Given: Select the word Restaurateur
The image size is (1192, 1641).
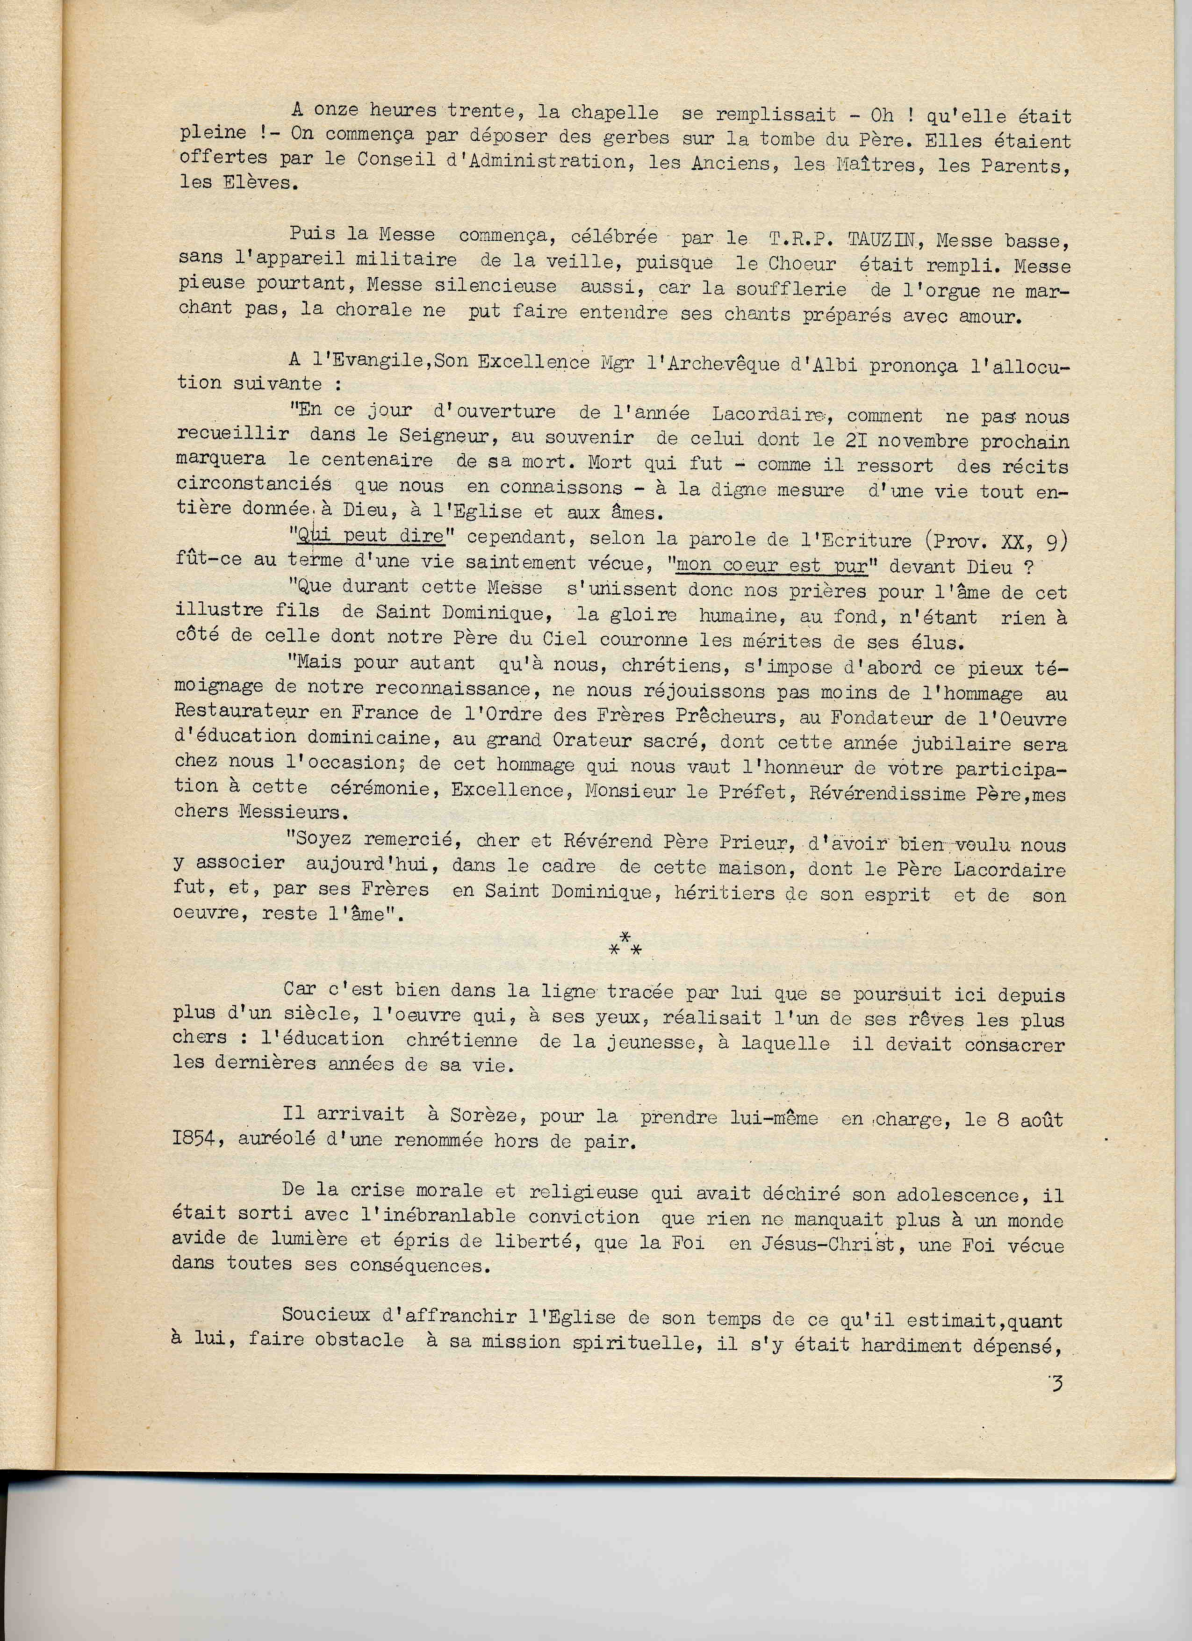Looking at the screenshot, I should tap(242, 711).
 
